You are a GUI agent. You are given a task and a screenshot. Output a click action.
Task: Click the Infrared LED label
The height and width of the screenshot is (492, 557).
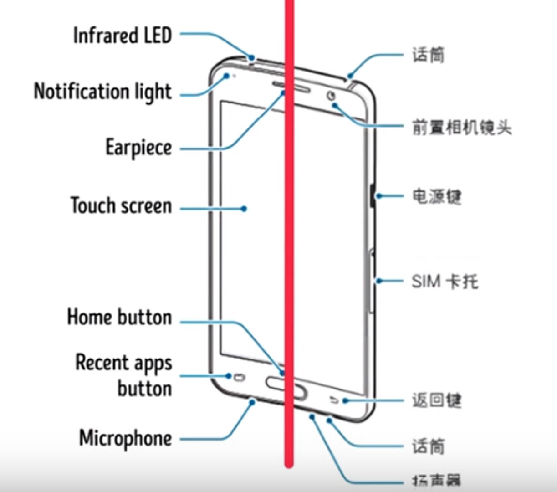pos(122,36)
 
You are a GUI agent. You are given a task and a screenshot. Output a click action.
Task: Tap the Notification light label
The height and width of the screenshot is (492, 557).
pos(103,92)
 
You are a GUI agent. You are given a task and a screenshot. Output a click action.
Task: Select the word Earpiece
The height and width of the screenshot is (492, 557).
pos(138,148)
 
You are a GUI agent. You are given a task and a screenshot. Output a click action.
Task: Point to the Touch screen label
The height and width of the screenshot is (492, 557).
pos(121,205)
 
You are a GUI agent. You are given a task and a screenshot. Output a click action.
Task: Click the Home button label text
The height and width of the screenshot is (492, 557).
pos(119,317)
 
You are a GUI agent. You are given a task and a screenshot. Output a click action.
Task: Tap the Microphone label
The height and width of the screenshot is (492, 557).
pos(126,438)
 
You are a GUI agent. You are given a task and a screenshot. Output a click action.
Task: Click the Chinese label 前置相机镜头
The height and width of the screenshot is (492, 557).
pos(462,127)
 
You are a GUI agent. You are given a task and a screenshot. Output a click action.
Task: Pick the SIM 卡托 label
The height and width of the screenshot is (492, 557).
pos(445,281)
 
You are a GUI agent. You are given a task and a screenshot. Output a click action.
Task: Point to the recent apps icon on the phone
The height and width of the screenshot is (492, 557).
pos(239,378)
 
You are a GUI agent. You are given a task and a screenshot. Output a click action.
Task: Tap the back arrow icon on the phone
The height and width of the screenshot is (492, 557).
pos(335,400)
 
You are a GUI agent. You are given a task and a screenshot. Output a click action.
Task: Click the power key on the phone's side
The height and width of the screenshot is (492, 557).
pos(373,196)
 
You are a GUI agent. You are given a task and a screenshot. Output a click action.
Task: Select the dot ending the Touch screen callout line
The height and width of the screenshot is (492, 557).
pos(244,209)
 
